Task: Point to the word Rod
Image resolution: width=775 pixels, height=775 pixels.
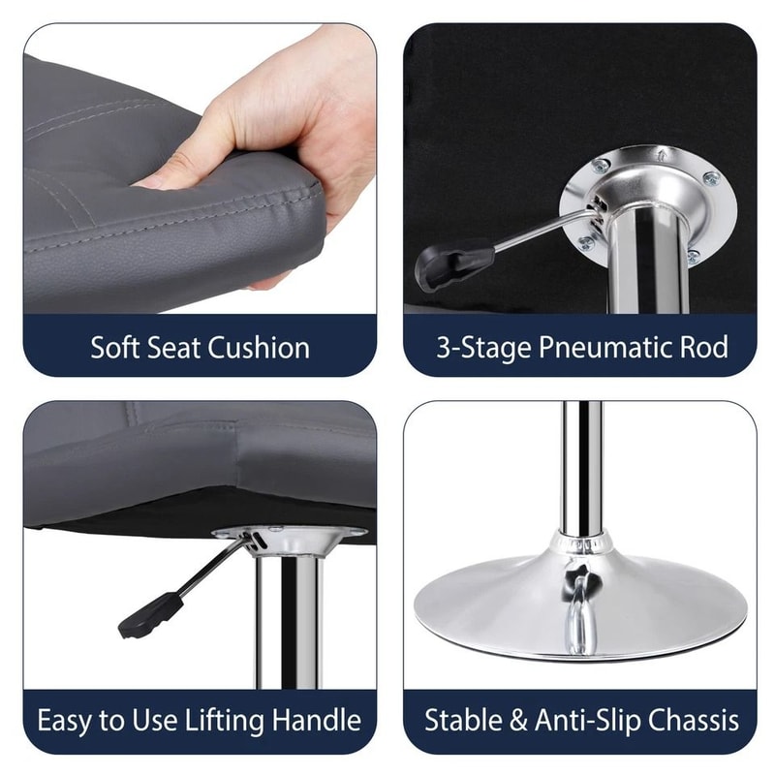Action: (703, 348)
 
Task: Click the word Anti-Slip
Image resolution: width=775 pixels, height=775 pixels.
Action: (581, 721)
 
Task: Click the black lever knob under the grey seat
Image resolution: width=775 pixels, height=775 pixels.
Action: (151, 616)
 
